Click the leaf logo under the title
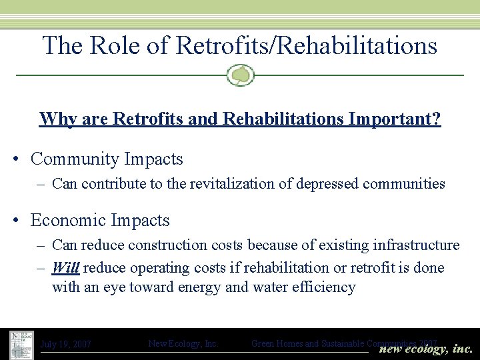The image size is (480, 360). (240, 75)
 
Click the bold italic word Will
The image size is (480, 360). (65, 268)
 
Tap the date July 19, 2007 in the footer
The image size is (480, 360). (66, 345)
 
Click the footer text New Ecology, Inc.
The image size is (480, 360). (183, 344)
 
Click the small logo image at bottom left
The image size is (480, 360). (22, 344)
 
